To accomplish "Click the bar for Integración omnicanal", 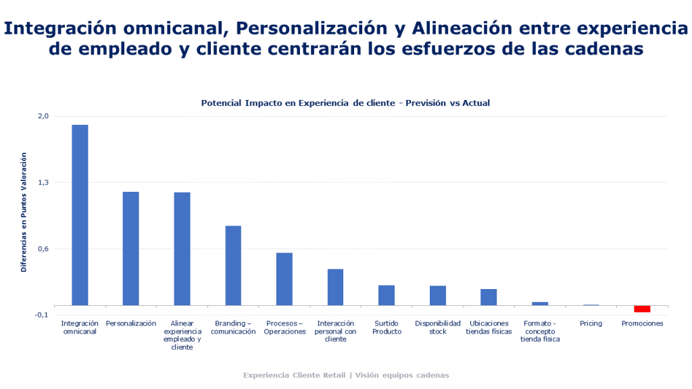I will click(x=80, y=215).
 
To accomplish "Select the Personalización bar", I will click(x=130, y=249).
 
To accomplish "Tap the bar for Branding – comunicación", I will click(x=233, y=265).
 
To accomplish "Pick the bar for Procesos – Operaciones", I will click(x=284, y=279).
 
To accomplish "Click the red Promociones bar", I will click(x=642, y=309).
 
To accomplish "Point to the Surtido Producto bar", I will click(x=387, y=295).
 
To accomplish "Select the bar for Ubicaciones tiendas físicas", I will click(x=489, y=297).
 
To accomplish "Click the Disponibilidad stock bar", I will click(x=438, y=296).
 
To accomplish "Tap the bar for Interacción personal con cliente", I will click(x=335, y=287).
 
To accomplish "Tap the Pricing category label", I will click(x=591, y=323).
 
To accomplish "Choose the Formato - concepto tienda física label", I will click(x=540, y=332).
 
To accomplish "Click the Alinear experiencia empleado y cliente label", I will click(x=182, y=336).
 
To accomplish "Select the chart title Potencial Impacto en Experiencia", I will click(x=345, y=103).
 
